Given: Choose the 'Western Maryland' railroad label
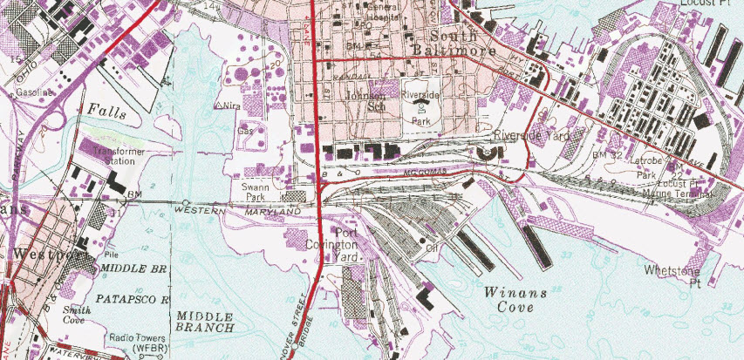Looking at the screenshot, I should point(232,212).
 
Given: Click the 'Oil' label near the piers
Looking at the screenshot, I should point(431,247).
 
